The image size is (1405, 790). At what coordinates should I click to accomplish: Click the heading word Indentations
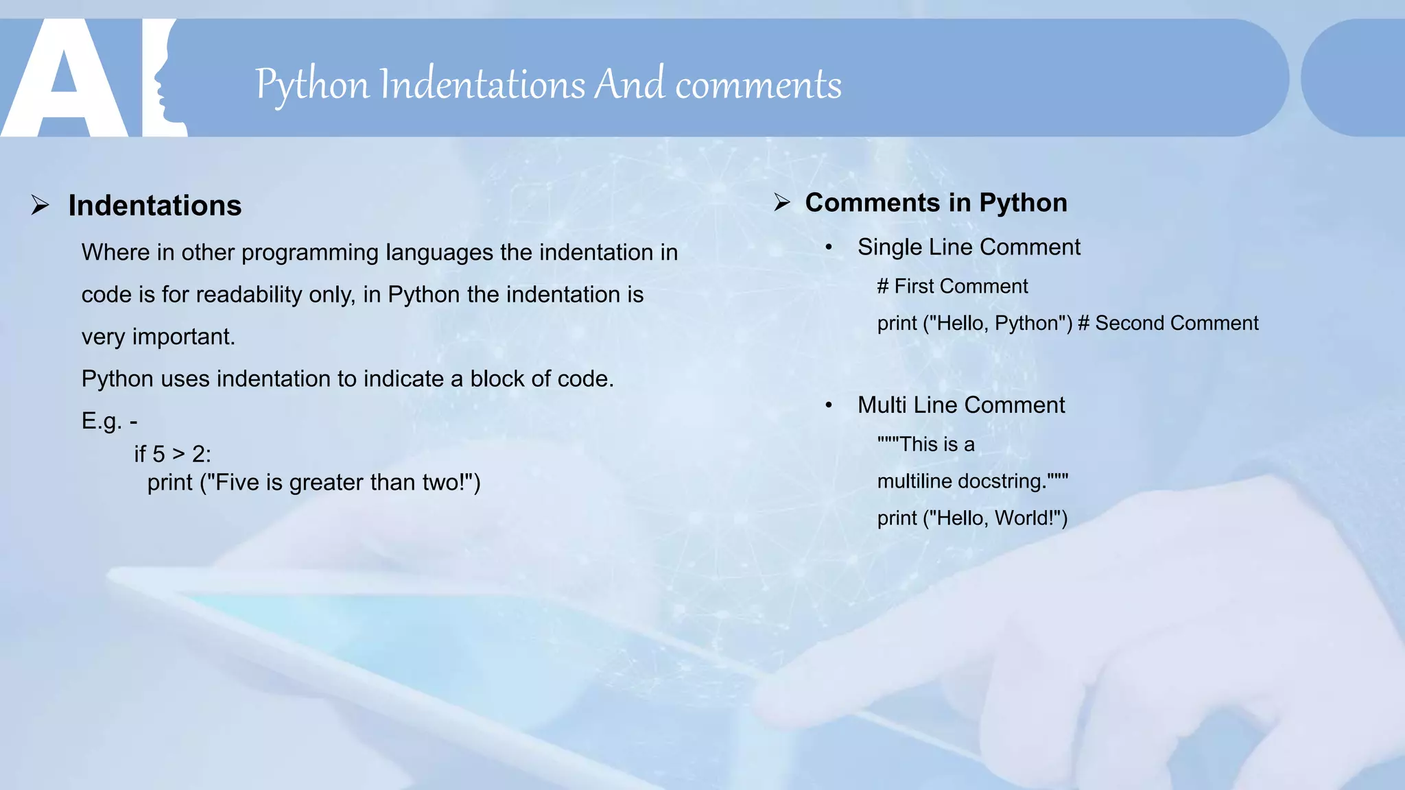pyautogui.click(x=154, y=206)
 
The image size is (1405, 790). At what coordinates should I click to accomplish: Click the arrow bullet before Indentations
pyautogui.click(x=40, y=205)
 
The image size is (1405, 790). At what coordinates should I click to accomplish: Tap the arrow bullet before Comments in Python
pyautogui.click(x=782, y=202)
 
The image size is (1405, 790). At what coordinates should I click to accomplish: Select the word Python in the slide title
pyautogui.click(x=312, y=85)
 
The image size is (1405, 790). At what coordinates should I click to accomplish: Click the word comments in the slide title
pyautogui.click(x=758, y=85)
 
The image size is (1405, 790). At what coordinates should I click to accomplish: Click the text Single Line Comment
pyautogui.click(x=968, y=247)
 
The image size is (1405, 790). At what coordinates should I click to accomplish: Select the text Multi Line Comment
pyautogui.click(x=960, y=405)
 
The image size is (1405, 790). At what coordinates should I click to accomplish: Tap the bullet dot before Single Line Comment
pyautogui.click(x=829, y=248)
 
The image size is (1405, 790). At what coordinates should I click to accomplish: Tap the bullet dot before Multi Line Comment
pyautogui.click(x=829, y=405)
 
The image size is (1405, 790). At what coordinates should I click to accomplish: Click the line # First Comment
pyautogui.click(x=952, y=286)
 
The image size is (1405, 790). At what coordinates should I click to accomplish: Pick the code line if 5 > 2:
pyautogui.click(x=173, y=454)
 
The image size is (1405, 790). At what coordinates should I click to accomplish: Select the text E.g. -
pyautogui.click(x=109, y=420)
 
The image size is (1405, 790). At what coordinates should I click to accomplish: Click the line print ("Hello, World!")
pyautogui.click(x=972, y=518)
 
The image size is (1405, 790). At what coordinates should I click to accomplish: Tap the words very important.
pyautogui.click(x=158, y=337)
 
